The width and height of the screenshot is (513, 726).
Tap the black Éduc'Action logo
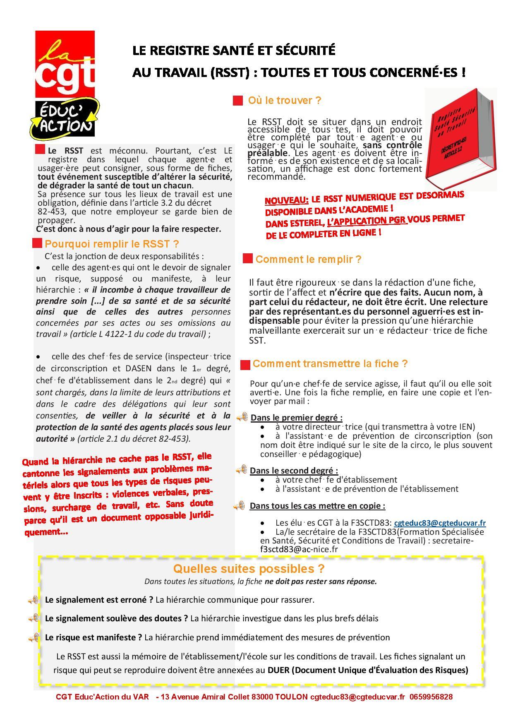tap(65, 119)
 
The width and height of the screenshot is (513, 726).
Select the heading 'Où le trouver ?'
tap(290, 101)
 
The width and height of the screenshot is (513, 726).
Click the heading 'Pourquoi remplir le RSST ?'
tap(112, 244)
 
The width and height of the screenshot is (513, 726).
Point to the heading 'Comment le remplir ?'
tap(308, 260)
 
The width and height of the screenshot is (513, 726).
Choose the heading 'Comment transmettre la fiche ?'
tap(330, 364)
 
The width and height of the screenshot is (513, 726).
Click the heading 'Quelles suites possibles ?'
tap(249, 568)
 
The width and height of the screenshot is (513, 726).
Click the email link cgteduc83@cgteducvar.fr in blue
tap(440, 523)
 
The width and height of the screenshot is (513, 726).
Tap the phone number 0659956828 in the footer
tap(431, 697)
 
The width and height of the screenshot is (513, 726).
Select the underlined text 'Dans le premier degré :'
tap(297, 418)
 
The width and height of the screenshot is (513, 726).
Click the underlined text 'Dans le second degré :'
tap(294, 471)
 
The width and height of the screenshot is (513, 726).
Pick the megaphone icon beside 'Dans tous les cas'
tap(239, 506)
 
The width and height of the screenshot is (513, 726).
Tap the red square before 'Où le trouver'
tap(238, 101)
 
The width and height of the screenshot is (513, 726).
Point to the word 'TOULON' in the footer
tap(292, 697)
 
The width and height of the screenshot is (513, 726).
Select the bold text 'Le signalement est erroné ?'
tap(99, 600)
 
